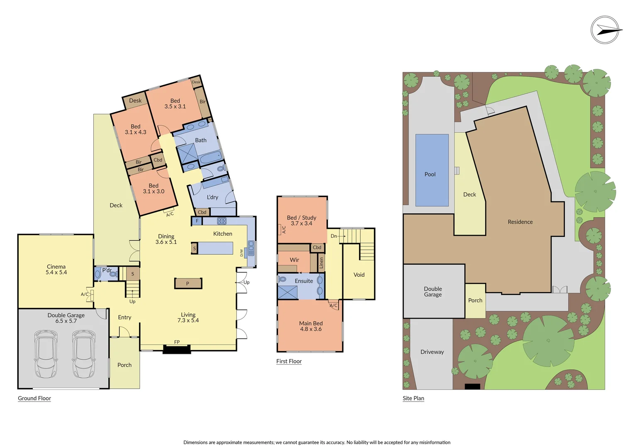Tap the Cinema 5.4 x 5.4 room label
pos(56,270)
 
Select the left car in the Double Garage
pos(46,354)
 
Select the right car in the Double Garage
pos(84,354)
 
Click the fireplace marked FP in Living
pos(177,348)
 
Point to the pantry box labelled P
pos(188,283)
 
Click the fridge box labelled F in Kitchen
pos(197,221)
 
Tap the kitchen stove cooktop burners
pos(222,221)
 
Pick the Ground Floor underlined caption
pos(34,398)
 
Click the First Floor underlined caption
pos(289,361)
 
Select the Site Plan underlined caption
pos(413,398)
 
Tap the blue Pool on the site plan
pos(432,170)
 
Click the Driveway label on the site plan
pos(432,352)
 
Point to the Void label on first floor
pos(359,275)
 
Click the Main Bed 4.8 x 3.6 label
pos(311,326)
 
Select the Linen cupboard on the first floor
pos(321,262)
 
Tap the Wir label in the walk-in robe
pos(294,260)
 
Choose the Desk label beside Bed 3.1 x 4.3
pos(135,100)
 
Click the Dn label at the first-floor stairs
pos(334,236)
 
